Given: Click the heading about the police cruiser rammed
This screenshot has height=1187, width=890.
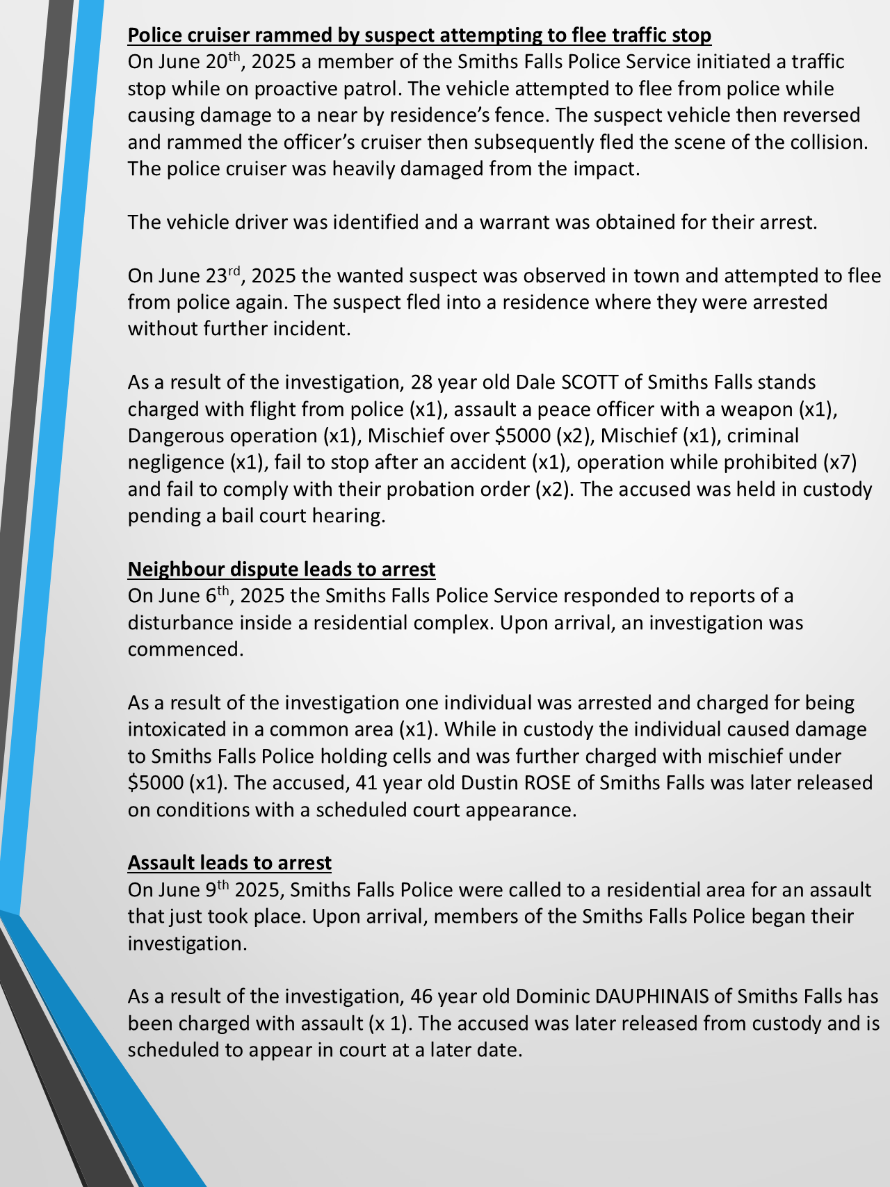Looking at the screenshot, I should [419, 35].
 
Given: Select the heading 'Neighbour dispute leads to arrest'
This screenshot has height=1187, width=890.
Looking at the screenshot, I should [282, 569].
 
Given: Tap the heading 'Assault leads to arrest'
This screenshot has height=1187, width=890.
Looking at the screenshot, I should [229, 862].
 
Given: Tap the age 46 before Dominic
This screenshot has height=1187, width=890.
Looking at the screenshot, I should [421, 996].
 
